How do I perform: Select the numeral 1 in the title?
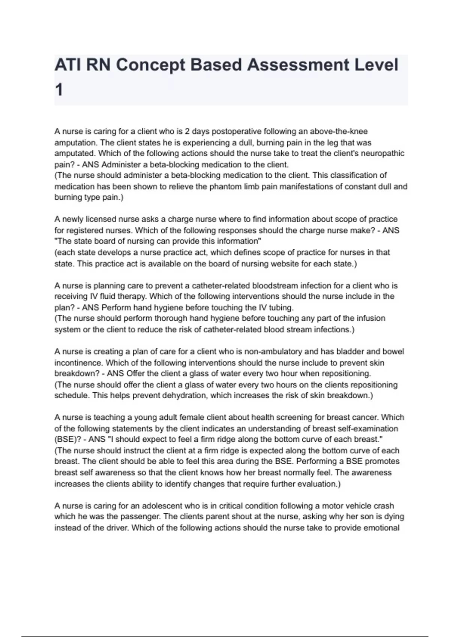pos(59,90)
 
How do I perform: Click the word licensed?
pos(101,219)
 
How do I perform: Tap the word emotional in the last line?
pos(382,528)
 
